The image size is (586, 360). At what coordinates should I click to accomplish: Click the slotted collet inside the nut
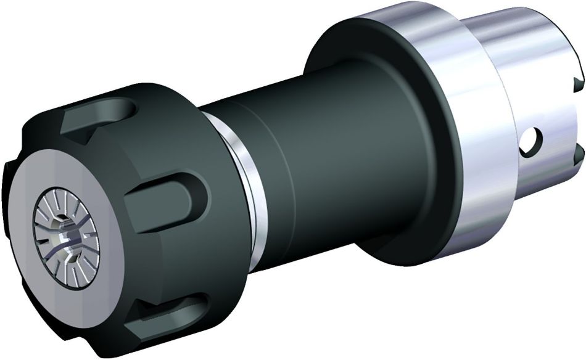pyautogui.click(x=62, y=224)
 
